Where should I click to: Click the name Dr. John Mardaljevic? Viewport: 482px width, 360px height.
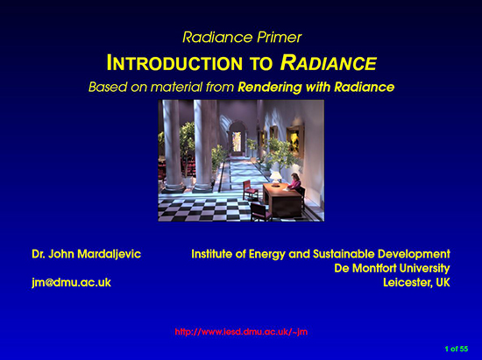pos(86,253)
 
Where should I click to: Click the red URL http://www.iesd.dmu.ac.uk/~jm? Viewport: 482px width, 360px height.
pos(241,331)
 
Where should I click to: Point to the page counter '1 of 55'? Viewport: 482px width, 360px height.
pos(457,349)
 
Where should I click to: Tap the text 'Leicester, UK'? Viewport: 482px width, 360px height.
pos(416,283)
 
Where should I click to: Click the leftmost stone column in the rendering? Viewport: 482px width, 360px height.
pos(171,145)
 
